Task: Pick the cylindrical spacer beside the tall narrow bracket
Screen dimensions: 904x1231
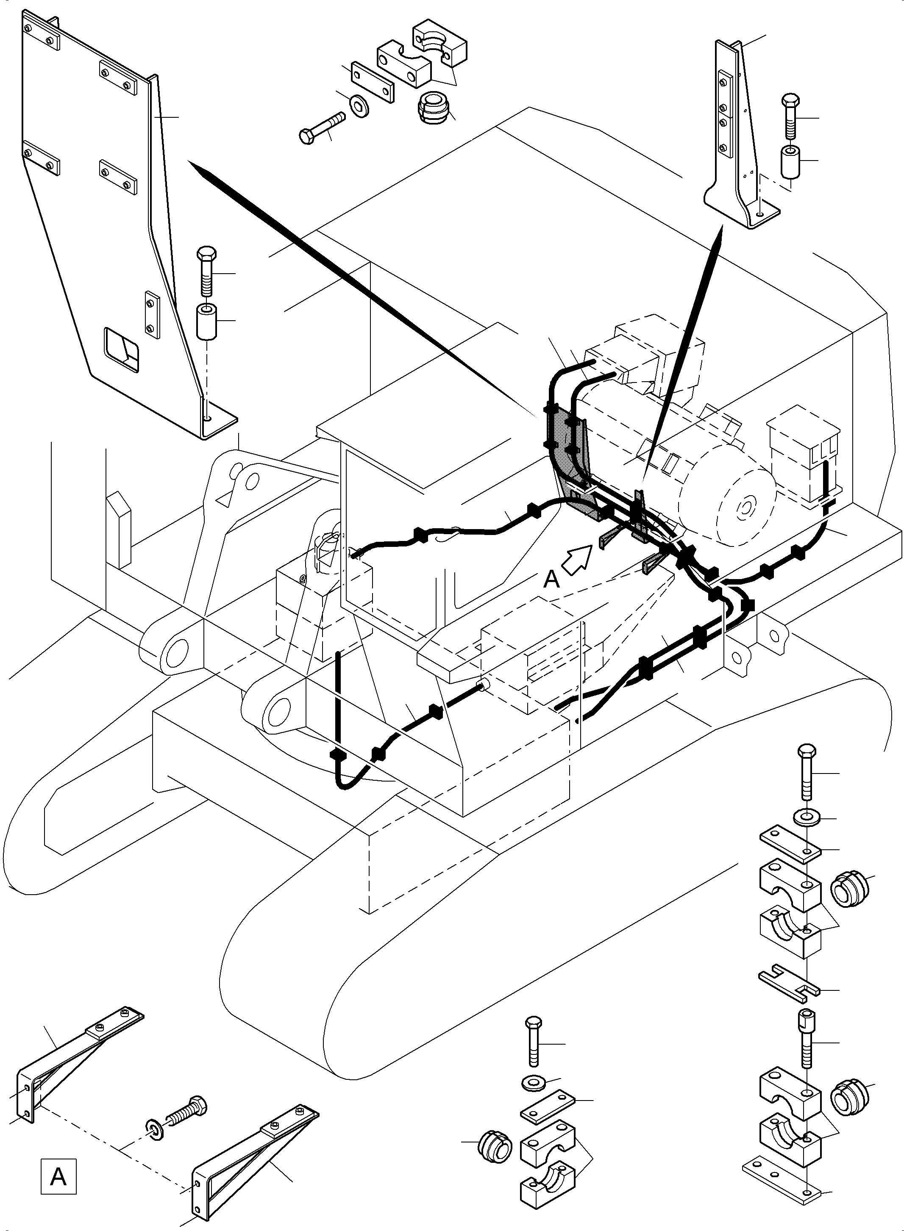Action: coord(790,161)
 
